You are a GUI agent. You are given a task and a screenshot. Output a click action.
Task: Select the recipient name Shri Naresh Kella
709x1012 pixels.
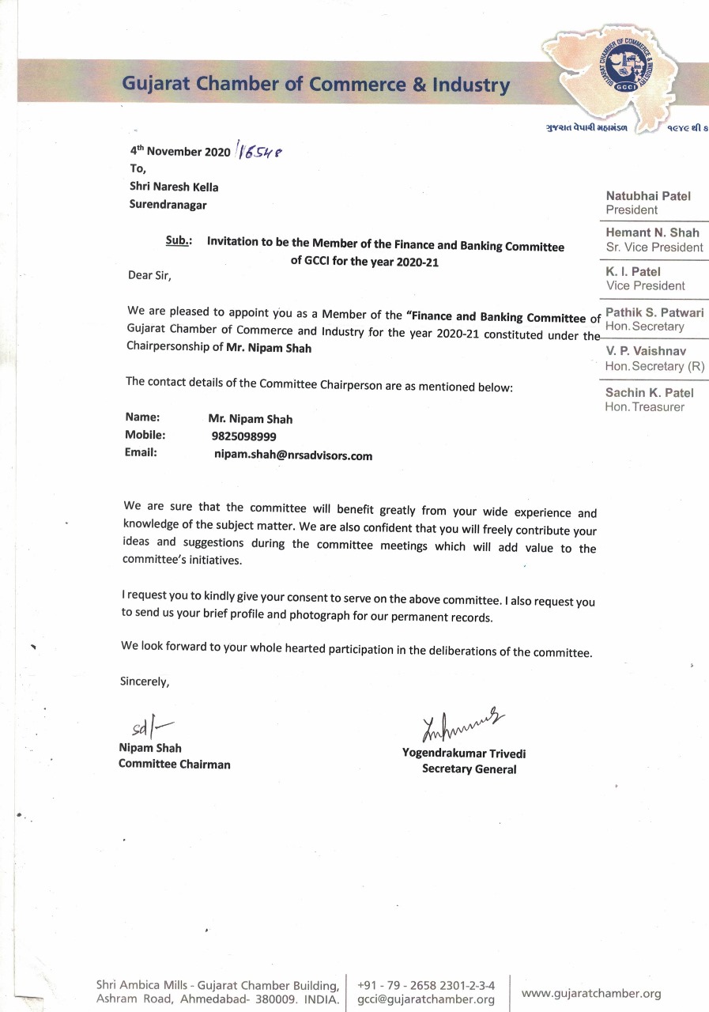click(x=173, y=187)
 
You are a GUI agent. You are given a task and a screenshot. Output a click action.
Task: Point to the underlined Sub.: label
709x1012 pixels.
click(x=177, y=241)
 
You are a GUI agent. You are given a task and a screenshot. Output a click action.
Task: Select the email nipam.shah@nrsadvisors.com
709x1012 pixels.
click(x=292, y=455)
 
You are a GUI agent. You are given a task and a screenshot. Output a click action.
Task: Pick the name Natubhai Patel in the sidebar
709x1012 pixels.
click(x=648, y=195)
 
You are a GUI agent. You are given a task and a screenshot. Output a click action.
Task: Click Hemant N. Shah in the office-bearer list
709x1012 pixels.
click(x=652, y=232)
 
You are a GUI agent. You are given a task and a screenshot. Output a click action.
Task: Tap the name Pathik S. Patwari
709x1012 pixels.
click(x=654, y=312)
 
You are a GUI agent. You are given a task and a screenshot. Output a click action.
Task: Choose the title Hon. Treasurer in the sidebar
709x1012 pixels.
click(x=645, y=407)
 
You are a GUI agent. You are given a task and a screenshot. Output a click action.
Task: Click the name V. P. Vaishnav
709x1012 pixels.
click(x=646, y=350)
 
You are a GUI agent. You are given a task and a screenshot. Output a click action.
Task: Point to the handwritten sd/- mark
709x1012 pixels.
click(x=149, y=726)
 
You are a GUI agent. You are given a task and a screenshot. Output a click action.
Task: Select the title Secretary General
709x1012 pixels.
click(x=469, y=768)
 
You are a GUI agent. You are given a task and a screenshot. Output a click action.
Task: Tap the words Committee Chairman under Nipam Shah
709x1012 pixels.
click(x=174, y=764)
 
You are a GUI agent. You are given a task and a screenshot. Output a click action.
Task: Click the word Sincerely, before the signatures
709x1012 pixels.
click(x=144, y=681)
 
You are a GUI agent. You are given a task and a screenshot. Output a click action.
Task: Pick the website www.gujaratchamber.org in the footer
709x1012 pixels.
click(x=591, y=994)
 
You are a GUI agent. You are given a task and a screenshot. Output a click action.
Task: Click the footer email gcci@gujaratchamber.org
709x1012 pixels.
click(x=426, y=999)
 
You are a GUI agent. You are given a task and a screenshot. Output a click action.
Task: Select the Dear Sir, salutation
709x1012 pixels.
click(x=149, y=276)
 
